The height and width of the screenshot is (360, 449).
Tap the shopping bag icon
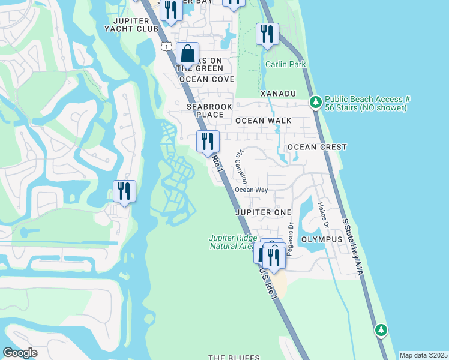pos(187,54)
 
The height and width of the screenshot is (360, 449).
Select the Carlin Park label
pos(286,64)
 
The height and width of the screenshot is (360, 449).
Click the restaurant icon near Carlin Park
pos(267,34)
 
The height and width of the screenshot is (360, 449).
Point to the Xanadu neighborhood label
pos(279,94)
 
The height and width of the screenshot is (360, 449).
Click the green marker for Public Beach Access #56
pos(315,102)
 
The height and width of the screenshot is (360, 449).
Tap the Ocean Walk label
pos(264,121)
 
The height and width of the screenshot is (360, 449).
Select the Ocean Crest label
pos(317,147)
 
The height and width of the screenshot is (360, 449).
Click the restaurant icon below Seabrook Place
pos(208,142)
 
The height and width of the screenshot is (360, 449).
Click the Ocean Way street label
pos(251,190)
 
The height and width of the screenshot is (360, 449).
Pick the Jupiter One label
pos(264,212)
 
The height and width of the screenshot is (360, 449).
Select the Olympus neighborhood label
pos(321,239)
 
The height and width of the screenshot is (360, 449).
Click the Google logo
pos(20,353)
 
